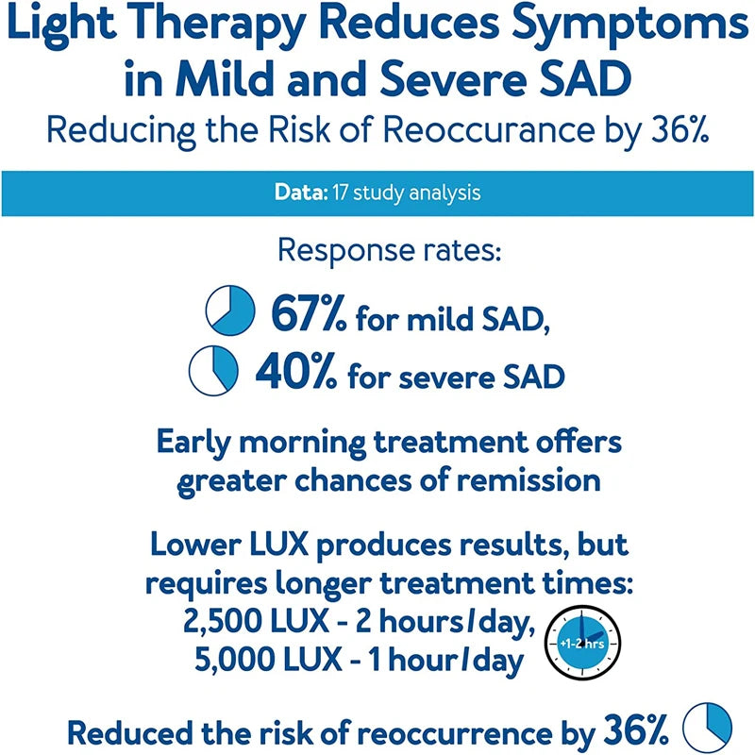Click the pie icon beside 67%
pyautogui.click(x=230, y=310)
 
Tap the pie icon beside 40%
pyautogui.click(x=215, y=371)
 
